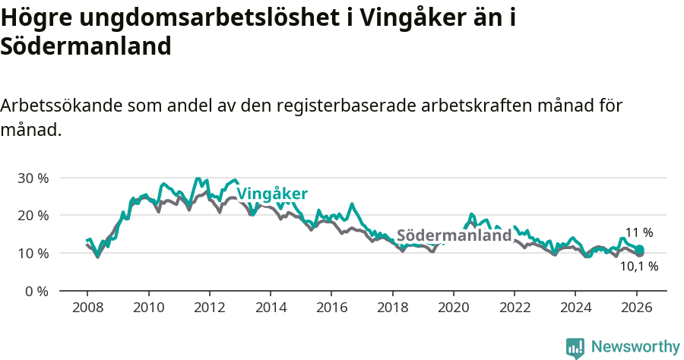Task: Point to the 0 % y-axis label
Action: click(36, 291)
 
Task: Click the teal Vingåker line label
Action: click(272, 194)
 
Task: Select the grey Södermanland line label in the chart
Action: click(454, 235)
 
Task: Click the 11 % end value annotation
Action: click(638, 233)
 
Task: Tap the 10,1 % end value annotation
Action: click(638, 267)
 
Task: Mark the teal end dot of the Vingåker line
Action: click(640, 250)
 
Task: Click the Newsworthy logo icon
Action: click(575, 347)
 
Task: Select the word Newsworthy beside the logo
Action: click(635, 347)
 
